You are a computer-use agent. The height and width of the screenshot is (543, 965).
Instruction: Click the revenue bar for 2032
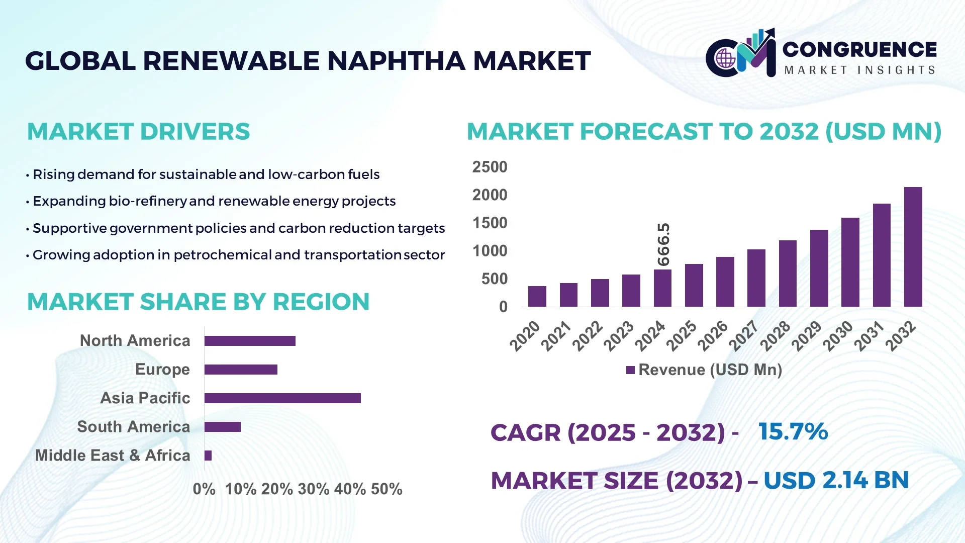pyautogui.click(x=913, y=247)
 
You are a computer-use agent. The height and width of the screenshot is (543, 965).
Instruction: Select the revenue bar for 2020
pyautogui.click(x=537, y=296)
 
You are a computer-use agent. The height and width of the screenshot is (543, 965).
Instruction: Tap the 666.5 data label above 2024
pyautogui.click(x=663, y=244)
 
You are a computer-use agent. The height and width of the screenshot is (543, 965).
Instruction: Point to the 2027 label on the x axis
pyautogui.click(x=744, y=335)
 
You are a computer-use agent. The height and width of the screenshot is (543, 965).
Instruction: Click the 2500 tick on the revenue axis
pyautogui.click(x=490, y=167)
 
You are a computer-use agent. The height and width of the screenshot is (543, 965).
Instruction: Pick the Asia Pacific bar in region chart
pyautogui.click(x=282, y=398)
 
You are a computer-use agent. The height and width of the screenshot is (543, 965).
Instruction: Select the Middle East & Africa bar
pyautogui.click(x=208, y=456)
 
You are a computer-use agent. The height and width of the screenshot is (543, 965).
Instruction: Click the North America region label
pyautogui.click(x=135, y=341)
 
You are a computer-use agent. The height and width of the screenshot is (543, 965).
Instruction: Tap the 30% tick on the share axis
pyautogui.click(x=314, y=489)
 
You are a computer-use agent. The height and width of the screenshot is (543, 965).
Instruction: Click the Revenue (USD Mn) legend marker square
pyautogui.click(x=630, y=370)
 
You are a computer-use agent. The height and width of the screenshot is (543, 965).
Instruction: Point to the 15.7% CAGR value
pyautogui.click(x=793, y=431)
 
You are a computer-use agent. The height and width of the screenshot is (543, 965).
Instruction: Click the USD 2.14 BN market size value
pyautogui.click(x=836, y=480)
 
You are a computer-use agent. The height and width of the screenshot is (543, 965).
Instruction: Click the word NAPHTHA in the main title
pyautogui.click(x=397, y=61)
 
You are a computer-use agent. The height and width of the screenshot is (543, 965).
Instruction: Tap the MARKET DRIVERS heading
pyautogui.click(x=138, y=132)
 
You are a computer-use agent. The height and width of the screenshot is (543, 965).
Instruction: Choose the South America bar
pyautogui.click(x=223, y=427)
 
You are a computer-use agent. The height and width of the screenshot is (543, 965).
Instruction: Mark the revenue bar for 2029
pyautogui.click(x=819, y=268)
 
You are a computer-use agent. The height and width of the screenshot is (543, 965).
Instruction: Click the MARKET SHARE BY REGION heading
pyautogui.click(x=198, y=302)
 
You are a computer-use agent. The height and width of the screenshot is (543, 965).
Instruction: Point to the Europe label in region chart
pyautogui.click(x=162, y=370)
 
